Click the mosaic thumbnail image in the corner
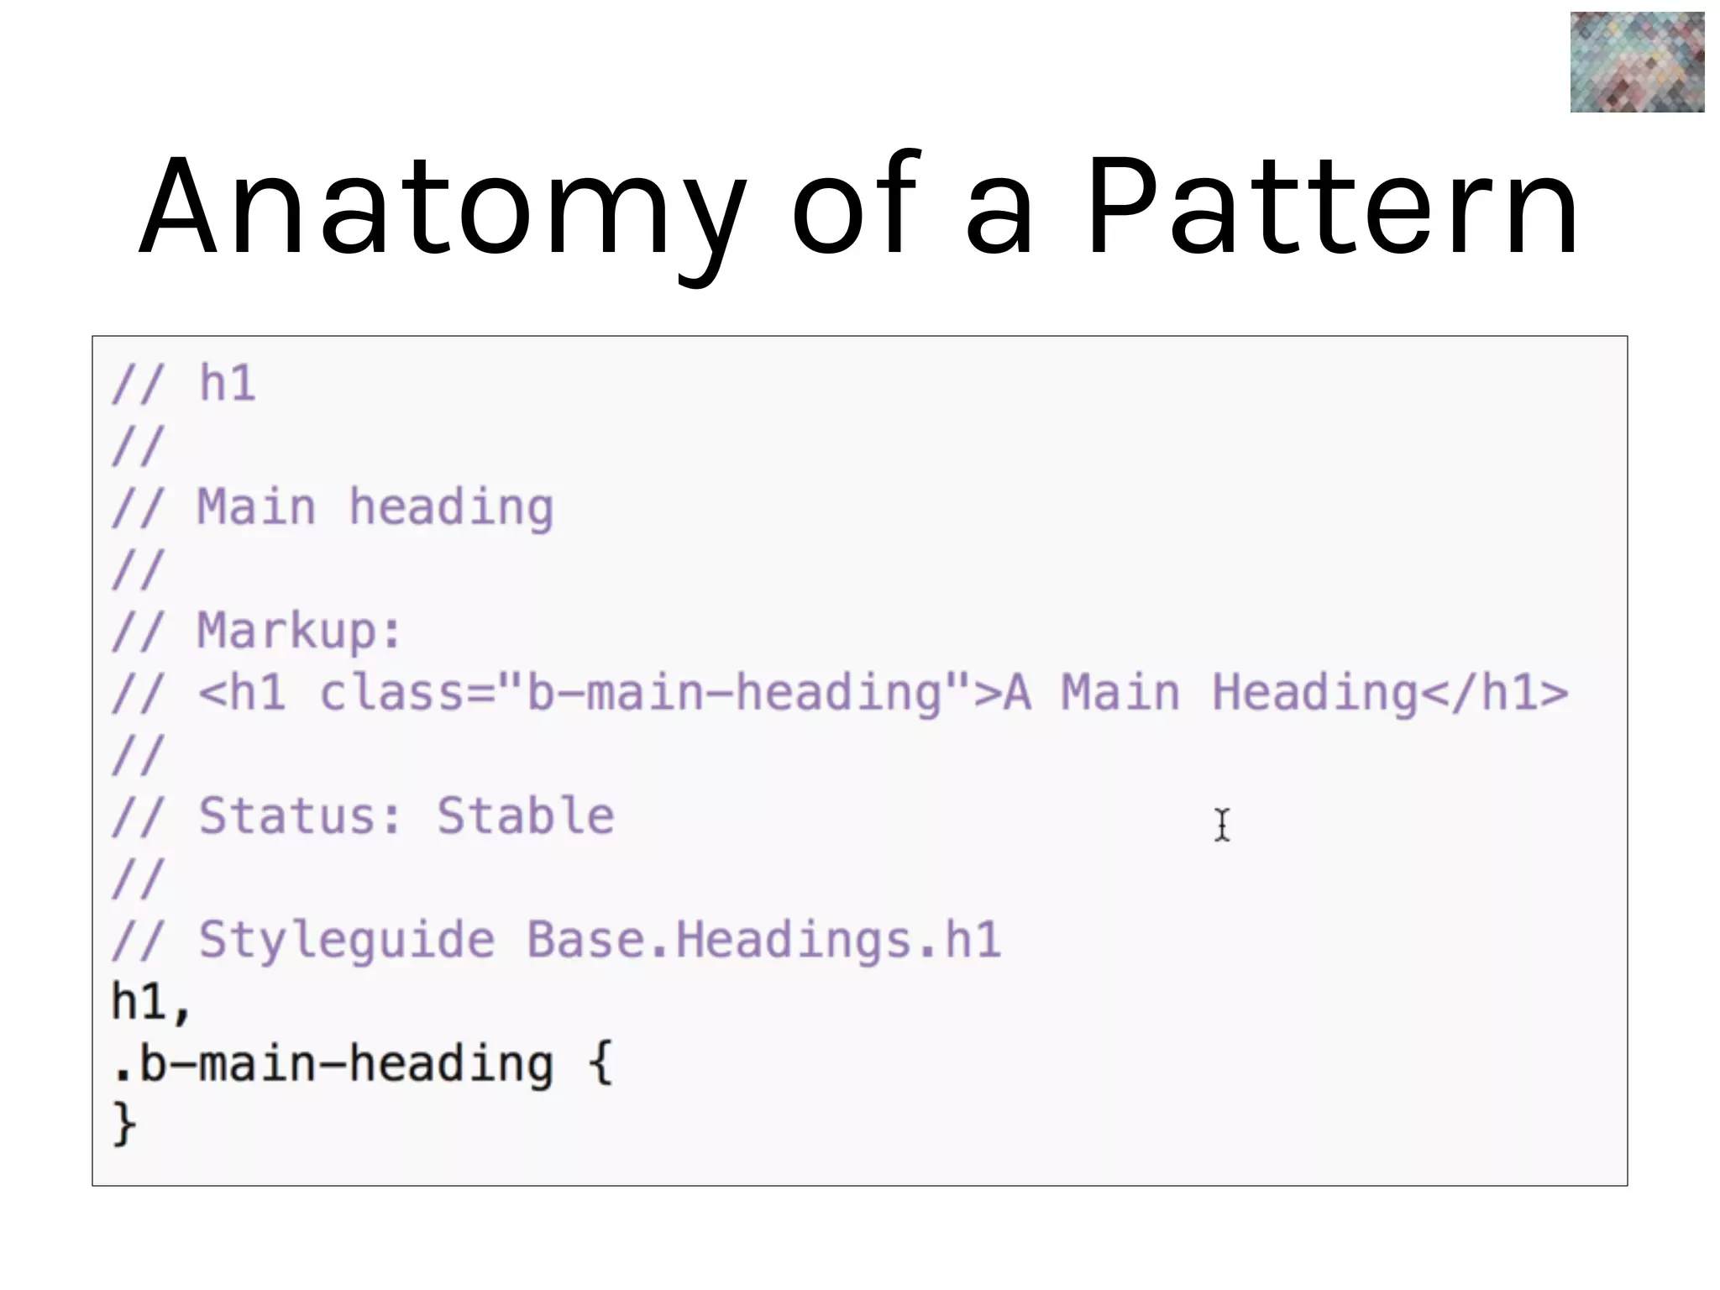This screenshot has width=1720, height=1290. (x=1637, y=62)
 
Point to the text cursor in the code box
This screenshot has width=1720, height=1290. (x=1222, y=825)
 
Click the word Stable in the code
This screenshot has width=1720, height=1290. (x=526, y=816)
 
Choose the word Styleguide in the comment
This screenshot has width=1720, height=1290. (x=346, y=940)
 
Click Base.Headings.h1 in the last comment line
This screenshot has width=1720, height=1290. (x=763, y=940)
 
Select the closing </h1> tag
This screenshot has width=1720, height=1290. (x=1493, y=694)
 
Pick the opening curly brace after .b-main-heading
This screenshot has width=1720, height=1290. (x=600, y=1063)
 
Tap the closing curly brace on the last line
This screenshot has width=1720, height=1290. (x=124, y=1124)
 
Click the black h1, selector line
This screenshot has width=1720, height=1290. (x=152, y=1003)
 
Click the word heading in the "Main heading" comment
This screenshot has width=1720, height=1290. (x=451, y=509)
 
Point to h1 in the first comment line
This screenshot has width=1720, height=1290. (x=227, y=384)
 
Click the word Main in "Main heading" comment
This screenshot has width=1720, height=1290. (x=256, y=508)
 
